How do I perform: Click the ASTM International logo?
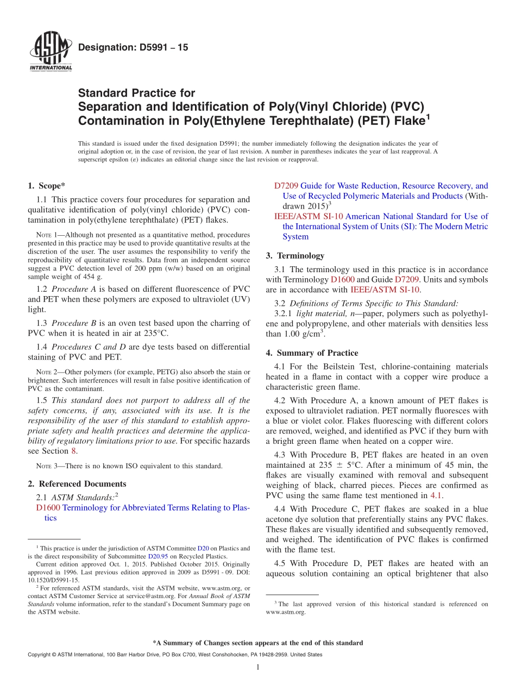coord(50,52)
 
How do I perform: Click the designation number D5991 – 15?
coord(133,48)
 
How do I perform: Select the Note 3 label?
coord(43,466)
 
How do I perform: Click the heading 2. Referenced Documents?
coord(77,483)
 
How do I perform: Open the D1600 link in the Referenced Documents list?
coord(48,508)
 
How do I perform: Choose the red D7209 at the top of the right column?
coord(286,186)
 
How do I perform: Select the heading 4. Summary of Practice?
coord(312,353)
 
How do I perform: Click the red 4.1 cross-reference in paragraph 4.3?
coord(436,495)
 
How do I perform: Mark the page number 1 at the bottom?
coord(258,667)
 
